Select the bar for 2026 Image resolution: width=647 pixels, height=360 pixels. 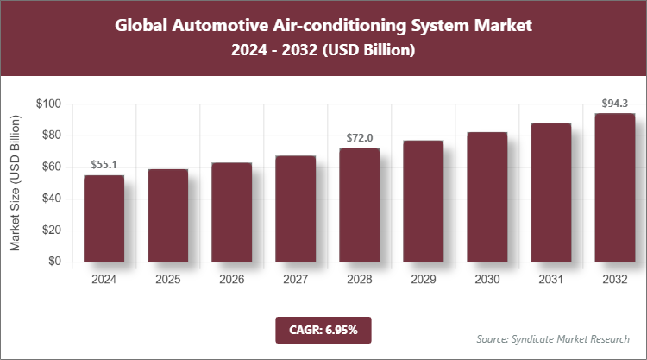pyautogui.click(x=231, y=212)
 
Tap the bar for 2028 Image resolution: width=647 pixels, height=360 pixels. pyautogui.click(x=359, y=205)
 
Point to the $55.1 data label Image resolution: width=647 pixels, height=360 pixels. pyautogui.click(x=104, y=164)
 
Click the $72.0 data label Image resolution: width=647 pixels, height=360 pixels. pyautogui.click(x=359, y=137)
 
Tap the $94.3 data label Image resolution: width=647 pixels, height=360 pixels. pyautogui.click(x=614, y=103)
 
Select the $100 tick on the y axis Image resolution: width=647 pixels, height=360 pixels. pyautogui.click(x=48, y=104)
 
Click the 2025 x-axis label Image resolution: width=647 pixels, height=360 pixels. pyautogui.click(x=167, y=280)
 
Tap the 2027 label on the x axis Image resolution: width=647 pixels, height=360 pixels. pyautogui.click(x=295, y=280)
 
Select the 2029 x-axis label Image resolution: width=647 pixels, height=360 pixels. pyautogui.click(x=423, y=280)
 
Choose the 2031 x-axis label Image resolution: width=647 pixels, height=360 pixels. pyautogui.click(x=550, y=280)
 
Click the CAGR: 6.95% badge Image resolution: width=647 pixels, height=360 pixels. pyautogui.click(x=323, y=329)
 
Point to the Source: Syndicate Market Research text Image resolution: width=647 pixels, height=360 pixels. pyautogui.click(x=553, y=338)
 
